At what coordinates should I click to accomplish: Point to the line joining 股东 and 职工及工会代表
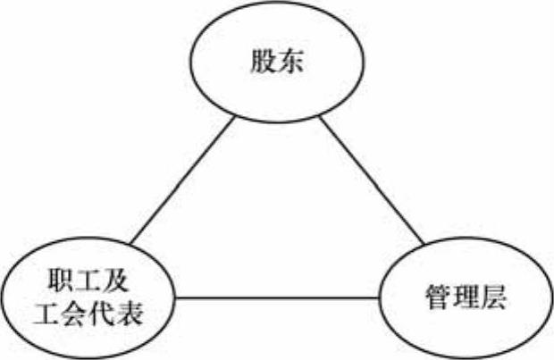pos(183,179)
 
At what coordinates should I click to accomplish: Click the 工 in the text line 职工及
pos(87,284)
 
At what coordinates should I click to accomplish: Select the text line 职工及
pos(87,284)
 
